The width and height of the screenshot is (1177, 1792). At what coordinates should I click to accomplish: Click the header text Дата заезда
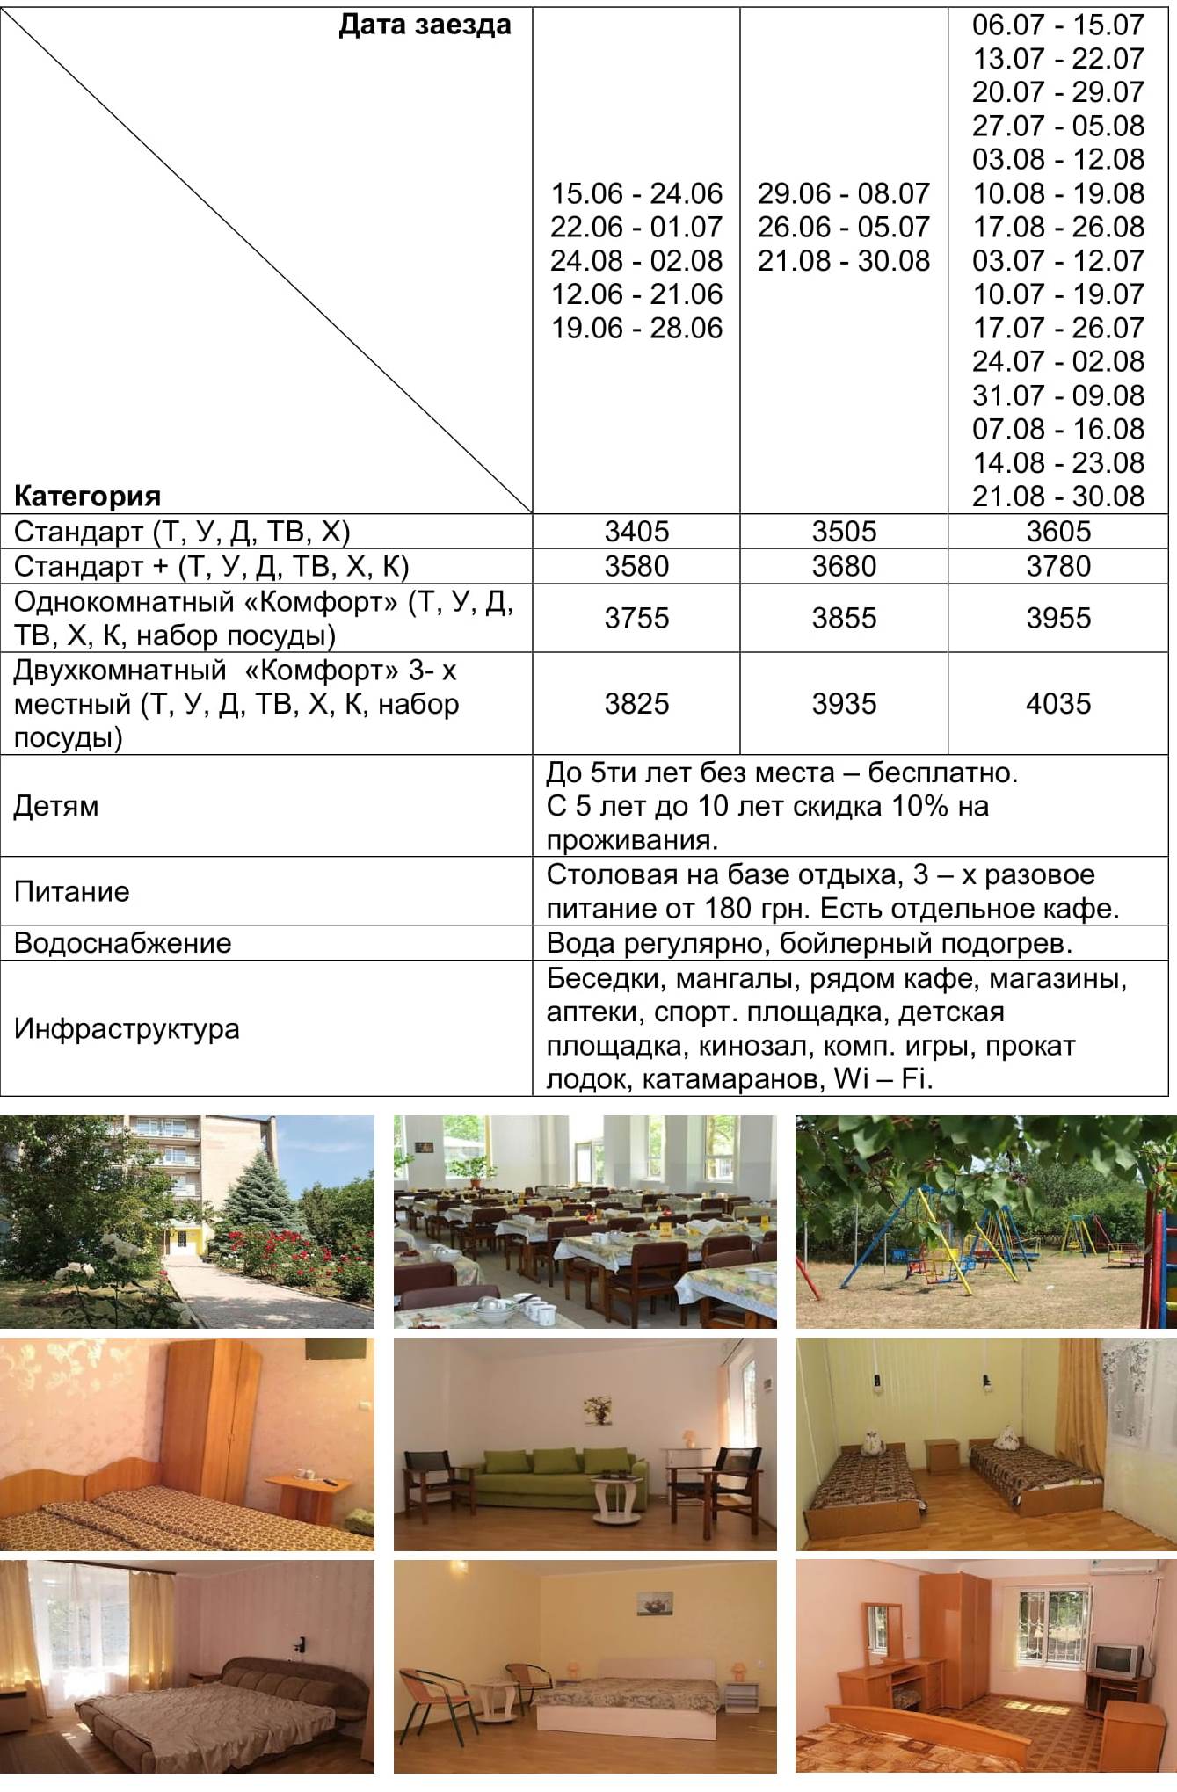click(x=425, y=25)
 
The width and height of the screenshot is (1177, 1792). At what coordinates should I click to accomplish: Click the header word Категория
click(x=87, y=496)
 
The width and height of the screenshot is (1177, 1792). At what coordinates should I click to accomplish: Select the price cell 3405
click(x=636, y=531)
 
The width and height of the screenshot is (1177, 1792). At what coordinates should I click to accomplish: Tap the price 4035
click(x=1058, y=703)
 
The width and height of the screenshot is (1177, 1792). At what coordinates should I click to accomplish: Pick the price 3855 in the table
click(x=844, y=618)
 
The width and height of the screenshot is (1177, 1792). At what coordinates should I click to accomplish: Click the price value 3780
click(x=1058, y=566)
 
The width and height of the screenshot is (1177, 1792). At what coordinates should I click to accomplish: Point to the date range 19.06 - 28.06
click(x=636, y=328)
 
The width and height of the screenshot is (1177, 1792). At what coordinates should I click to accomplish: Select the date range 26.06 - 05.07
click(x=844, y=227)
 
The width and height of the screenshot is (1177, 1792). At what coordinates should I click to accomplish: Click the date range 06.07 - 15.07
click(x=1058, y=25)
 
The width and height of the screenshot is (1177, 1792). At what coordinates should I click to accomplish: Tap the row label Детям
click(x=56, y=806)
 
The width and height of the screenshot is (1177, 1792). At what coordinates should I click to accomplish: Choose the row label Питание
click(x=72, y=891)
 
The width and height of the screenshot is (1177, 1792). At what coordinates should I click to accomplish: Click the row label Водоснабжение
click(x=123, y=943)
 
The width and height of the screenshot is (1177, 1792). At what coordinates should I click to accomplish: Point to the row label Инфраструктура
click(x=127, y=1028)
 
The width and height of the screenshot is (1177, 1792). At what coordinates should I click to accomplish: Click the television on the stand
click(x=1115, y=1658)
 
